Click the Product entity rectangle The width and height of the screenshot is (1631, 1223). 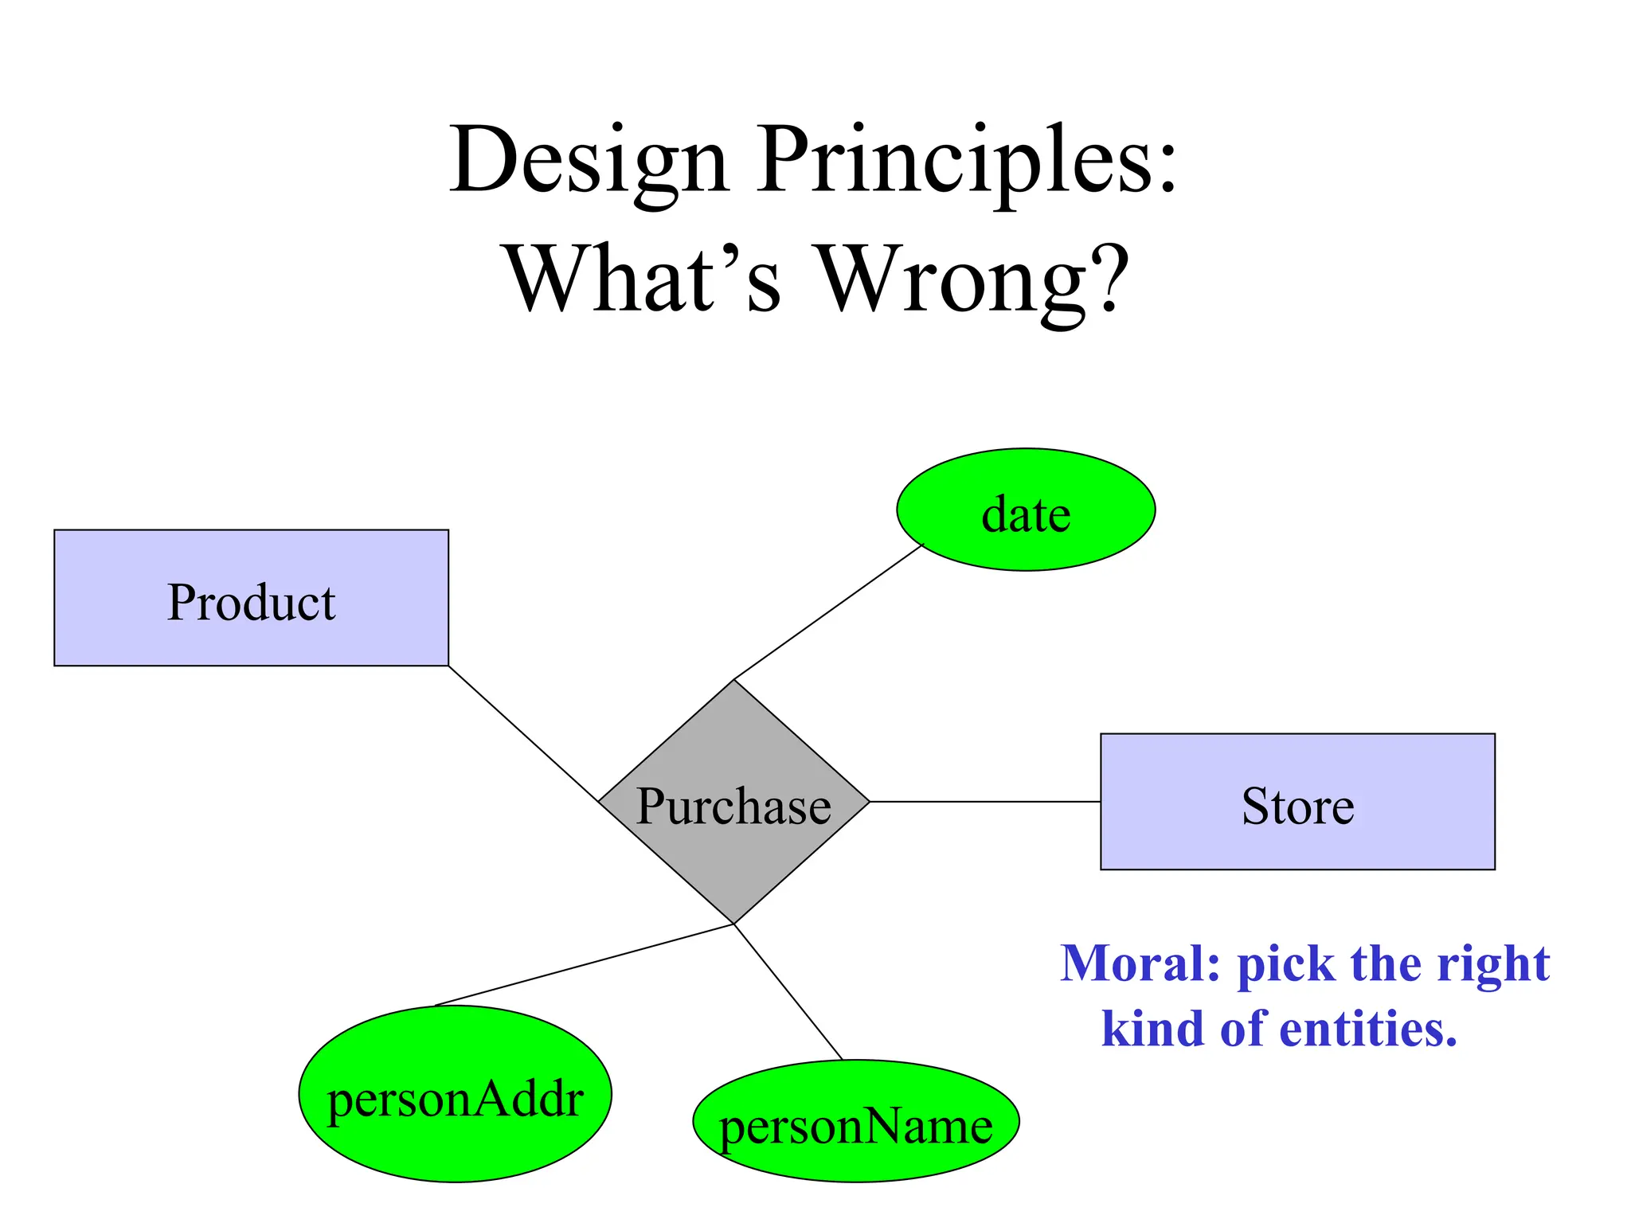click(251, 598)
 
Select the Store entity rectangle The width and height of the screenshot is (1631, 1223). click(1297, 802)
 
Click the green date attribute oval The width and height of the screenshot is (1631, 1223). click(1026, 510)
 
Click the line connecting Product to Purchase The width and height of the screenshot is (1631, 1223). click(523, 733)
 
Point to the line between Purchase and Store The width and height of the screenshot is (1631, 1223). click(985, 802)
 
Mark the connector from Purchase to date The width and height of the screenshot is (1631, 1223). click(828, 611)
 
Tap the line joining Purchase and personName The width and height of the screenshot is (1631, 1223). click(788, 991)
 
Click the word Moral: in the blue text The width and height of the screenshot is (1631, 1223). click(1140, 963)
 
